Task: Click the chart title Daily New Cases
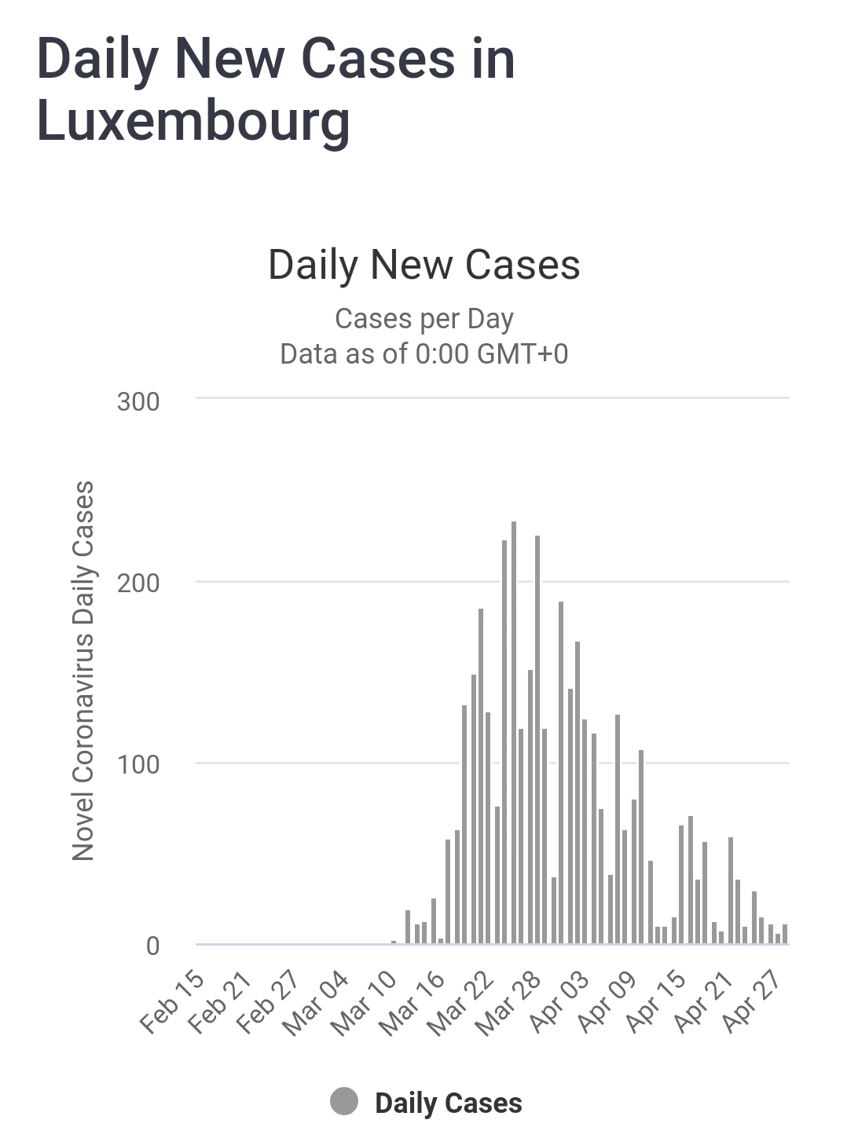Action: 423,265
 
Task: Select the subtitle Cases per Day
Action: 423,319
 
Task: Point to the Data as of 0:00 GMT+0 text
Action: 423,354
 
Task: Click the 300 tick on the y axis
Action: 138,401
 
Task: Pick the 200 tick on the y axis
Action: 138,583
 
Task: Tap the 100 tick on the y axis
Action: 138,764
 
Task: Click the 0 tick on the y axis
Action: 152,946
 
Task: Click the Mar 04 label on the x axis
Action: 317,1002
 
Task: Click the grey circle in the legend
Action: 344,1101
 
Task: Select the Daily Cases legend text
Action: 449,1103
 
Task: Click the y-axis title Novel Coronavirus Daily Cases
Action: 83,671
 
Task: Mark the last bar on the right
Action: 785,934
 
